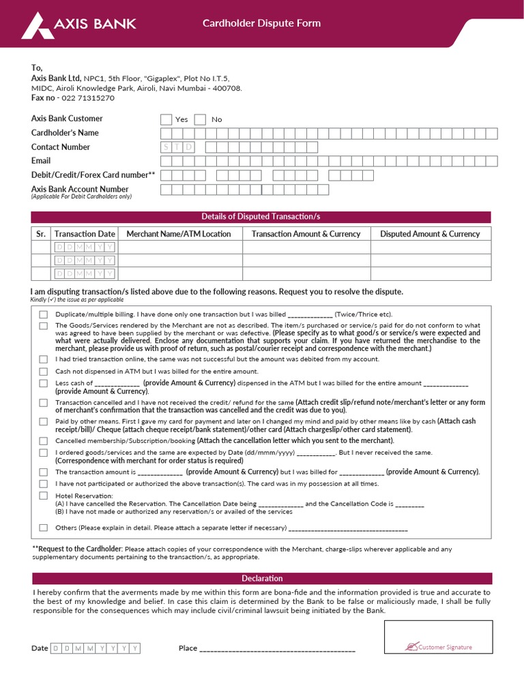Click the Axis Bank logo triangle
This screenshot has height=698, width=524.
coord(37,25)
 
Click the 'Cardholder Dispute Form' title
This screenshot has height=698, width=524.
coord(261,23)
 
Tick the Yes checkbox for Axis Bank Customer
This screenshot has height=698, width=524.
coord(166,119)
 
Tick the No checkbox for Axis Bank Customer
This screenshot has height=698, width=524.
coord(200,119)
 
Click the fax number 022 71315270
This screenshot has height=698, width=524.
coord(88,97)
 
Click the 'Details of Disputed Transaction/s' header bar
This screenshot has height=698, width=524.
coord(261,217)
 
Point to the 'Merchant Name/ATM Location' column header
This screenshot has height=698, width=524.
coord(179,234)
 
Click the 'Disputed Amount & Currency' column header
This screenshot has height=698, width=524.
coord(430,234)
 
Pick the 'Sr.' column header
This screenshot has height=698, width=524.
coord(40,234)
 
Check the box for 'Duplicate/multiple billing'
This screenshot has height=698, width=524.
coord(44,314)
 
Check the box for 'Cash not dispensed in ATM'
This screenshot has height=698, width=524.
coord(44,371)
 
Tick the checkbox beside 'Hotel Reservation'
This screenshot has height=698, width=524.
coord(44,496)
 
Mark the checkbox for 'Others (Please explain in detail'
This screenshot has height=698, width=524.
coord(44,528)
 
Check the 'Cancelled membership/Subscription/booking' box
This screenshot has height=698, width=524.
coord(44,440)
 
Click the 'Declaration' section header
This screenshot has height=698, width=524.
coord(262,579)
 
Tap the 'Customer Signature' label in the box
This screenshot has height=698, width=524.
coord(444,647)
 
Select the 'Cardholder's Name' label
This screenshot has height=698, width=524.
coord(65,133)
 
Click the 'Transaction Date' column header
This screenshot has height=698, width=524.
coord(85,234)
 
